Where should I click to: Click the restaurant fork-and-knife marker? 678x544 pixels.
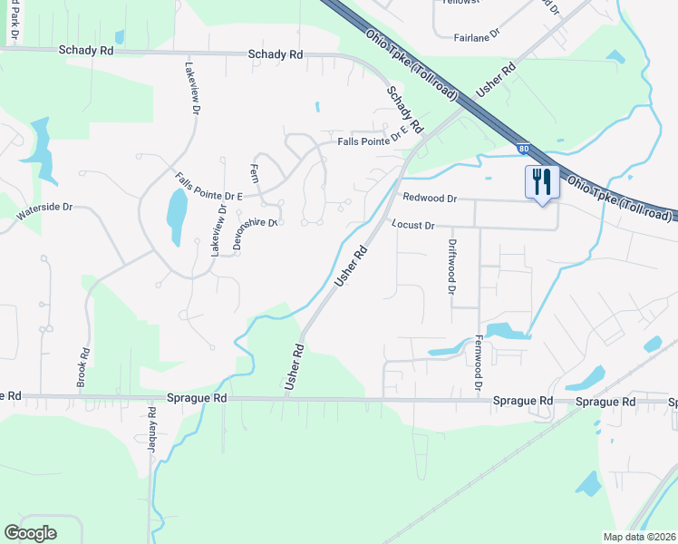pyautogui.click(x=538, y=183)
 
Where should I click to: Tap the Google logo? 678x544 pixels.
pyautogui.click(x=30, y=533)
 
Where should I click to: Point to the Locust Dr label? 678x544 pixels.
pyautogui.click(x=413, y=224)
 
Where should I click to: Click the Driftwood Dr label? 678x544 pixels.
pyautogui.click(x=450, y=267)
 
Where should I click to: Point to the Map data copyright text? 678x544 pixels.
pyautogui.click(x=640, y=537)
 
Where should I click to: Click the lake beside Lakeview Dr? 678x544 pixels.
pyautogui.click(x=177, y=213)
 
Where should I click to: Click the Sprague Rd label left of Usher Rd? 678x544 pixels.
pyautogui.click(x=197, y=398)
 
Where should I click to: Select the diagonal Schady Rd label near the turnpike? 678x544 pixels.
pyautogui.click(x=405, y=111)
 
